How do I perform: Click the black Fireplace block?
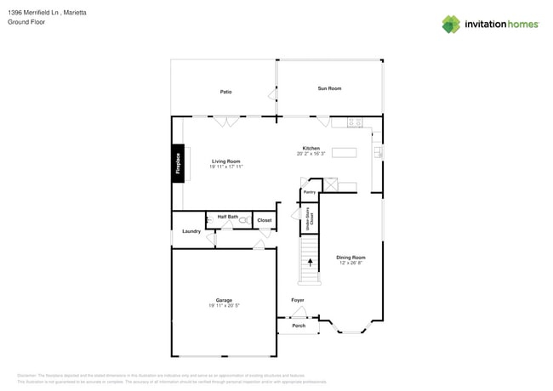point(179,163)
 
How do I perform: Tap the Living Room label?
point(226,161)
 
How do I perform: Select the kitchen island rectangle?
point(344,153)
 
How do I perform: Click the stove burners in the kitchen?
point(355,123)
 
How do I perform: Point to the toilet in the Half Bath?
point(243,221)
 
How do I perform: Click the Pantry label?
point(310,192)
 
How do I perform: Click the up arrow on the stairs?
point(310,263)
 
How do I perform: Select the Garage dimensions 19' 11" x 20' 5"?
point(224,305)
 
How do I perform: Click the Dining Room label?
point(351,257)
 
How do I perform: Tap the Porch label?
point(299,326)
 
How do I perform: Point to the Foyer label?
point(298,300)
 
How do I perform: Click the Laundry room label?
point(191,231)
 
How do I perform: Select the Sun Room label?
point(329,88)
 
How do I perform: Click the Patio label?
point(225,92)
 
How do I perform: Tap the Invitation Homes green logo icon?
point(450,25)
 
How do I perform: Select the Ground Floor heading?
point(26,22)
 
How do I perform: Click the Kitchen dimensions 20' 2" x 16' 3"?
point(311,154)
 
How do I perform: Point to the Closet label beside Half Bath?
point(265,220)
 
